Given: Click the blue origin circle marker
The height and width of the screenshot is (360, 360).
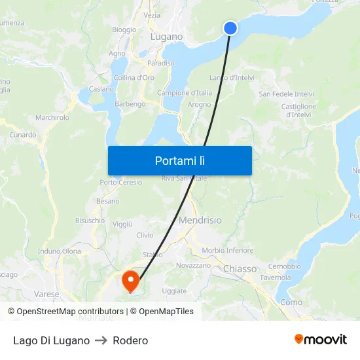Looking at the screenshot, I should pos(230,27).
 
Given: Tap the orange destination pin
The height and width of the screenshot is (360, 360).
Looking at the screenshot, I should pos(131,281).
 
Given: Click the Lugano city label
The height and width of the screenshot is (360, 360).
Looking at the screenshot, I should pos(166,37).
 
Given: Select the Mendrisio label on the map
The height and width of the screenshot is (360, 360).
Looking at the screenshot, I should pos(200,221).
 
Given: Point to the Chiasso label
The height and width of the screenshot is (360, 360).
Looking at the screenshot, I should pos(240,269).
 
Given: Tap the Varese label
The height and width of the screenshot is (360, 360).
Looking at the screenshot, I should pos(47,294).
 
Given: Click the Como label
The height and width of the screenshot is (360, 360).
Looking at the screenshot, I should pos(291,302).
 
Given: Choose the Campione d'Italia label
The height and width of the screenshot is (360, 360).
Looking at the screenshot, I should pos(185,93).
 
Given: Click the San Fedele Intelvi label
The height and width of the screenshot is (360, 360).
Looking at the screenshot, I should pos(287,94).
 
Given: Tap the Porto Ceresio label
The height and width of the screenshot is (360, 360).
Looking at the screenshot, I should pos(121,183).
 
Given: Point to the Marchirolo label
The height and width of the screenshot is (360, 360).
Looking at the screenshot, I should pos(52,118).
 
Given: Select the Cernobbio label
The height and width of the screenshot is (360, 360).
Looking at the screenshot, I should pos(284,266).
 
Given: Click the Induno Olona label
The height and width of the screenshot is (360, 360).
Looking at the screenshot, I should pos(60,251).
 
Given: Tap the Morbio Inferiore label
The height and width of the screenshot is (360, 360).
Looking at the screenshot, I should pos(228,250).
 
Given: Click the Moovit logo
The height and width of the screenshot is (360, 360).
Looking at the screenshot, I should pos(321,340).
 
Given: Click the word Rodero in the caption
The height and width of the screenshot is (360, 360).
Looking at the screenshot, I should pos(130,340).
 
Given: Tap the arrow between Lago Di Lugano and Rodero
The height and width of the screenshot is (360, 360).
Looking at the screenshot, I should pos(101,340).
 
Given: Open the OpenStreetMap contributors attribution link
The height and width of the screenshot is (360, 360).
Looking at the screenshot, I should pos(70,312).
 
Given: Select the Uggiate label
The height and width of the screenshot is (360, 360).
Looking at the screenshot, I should pos(174,291).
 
